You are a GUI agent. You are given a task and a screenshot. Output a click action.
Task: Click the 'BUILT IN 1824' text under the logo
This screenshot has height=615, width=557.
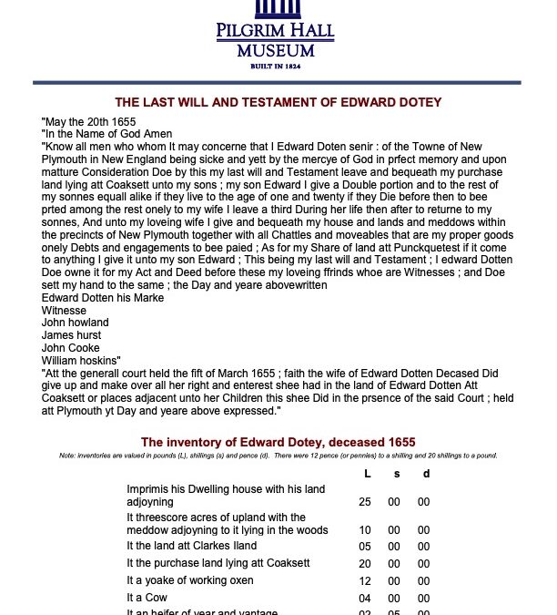(275, 66)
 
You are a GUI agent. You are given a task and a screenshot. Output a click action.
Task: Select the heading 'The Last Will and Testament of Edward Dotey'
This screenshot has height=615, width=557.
(278, 103)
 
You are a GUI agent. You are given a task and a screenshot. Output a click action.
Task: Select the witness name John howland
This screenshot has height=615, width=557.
(76, 323)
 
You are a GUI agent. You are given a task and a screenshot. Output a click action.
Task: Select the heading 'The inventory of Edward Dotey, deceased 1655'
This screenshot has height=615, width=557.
(278, 442)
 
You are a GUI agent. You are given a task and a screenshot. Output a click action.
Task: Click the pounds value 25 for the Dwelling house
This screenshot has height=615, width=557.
(365, 502)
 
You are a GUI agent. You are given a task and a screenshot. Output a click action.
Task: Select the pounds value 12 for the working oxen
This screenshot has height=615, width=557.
(365, 580)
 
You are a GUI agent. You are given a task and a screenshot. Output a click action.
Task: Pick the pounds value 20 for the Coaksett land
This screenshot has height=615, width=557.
(365, 563)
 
